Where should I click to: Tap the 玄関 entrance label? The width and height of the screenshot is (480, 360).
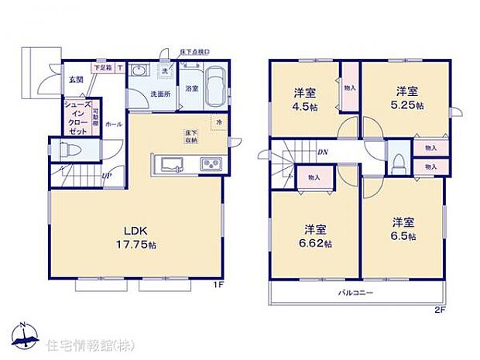(75, 79)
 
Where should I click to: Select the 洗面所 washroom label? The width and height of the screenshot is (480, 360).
(160, 94)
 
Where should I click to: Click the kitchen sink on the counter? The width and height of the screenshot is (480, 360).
(169, 163)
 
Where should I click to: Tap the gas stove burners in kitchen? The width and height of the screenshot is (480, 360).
(210, 163)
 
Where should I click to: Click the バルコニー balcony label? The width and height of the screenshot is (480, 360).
(355, 293)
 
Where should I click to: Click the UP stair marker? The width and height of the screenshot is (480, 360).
(106, 174)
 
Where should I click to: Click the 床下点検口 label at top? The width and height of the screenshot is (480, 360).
(194, 51)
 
